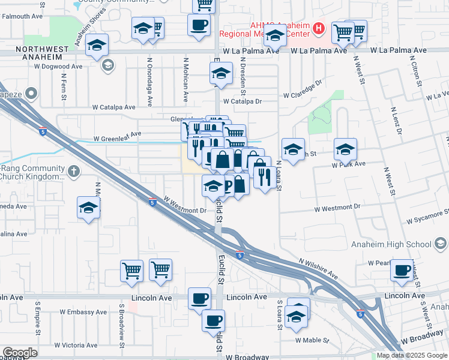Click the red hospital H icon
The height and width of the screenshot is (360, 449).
(319, 28)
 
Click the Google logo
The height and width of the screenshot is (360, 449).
(20, 353)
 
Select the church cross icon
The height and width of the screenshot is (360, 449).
(73, 172)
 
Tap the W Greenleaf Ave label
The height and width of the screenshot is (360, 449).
(117, 139)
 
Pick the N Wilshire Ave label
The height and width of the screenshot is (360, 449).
(318, 268)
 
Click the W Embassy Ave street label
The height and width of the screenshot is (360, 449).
(83, 312)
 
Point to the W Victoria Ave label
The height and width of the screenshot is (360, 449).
(76, 345)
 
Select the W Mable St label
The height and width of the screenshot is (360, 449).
(312, 340)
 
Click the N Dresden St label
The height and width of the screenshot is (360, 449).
(244, 82)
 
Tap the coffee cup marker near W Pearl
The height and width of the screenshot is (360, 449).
(402, 269)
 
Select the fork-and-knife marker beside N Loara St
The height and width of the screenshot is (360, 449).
(264, 176)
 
